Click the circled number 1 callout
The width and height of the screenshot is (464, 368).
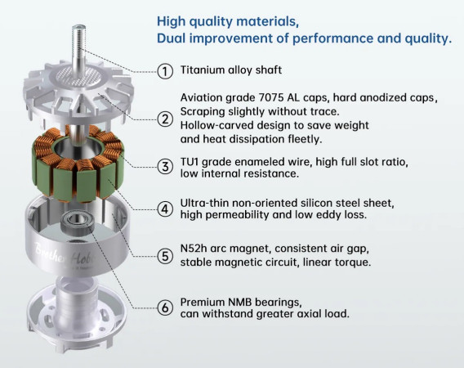[x=165, y=71]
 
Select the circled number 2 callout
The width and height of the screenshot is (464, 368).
[x=165, y=119]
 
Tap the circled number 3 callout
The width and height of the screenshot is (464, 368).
[x=165, y=167]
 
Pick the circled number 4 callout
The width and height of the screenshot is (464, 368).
[x=165, y=209]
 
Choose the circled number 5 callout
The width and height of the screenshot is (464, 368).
[x=165, y=256]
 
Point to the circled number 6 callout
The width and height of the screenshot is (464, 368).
[x=165, y=307]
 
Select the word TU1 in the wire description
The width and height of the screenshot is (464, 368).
[x=190, y=162]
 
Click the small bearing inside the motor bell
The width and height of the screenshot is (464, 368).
[x=78, y=222]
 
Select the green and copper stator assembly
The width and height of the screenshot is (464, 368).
[x=78, y=164]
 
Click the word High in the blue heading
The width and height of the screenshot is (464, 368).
[x=172, y=21]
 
